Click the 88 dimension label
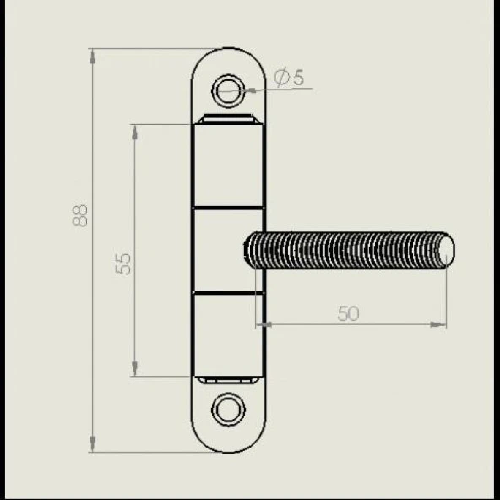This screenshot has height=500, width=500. coord(79,215)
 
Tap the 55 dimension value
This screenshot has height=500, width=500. coord(122,264)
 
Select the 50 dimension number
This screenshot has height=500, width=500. coord(348,313)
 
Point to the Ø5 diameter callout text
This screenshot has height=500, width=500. coord(289,78)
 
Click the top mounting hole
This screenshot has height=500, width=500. coord(228,90)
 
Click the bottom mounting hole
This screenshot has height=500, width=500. coord(228,410)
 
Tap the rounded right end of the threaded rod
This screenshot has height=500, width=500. coord(448,250)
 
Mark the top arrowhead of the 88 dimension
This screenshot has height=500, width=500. coord(92,57)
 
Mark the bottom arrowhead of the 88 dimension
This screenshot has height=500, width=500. coord(92,444)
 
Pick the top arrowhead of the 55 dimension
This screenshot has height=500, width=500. coord(134,133)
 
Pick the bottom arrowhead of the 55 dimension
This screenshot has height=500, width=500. coord(134,368)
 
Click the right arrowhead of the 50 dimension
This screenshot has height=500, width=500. coord(438,324)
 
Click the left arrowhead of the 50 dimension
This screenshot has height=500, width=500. coord(264,324)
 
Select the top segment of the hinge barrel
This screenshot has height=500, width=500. coord(228,166)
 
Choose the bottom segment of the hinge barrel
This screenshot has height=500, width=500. coord(228,334)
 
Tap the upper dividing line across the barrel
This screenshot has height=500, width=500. coord(228,209)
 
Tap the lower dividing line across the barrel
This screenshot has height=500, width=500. coord(228,292)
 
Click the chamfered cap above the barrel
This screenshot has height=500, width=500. coord(228,119)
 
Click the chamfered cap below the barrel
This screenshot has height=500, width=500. coord(228,380)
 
